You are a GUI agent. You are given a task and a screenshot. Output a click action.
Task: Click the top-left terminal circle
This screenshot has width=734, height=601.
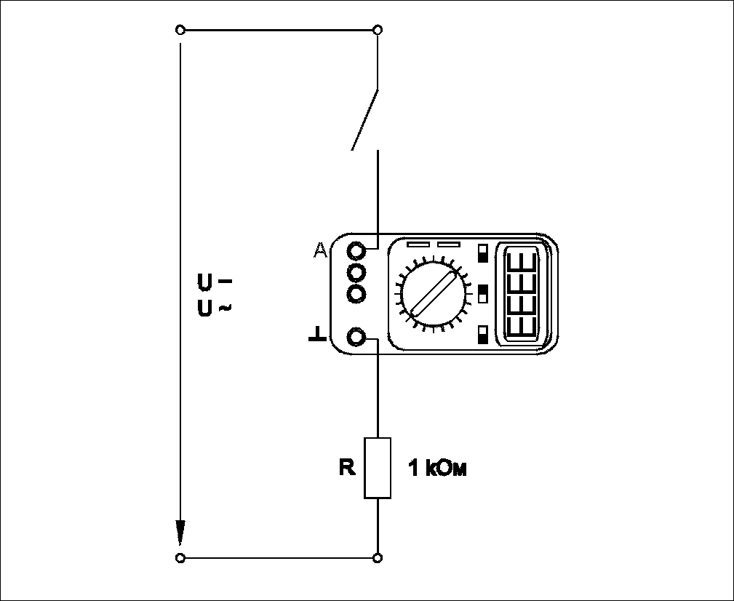click(180, 30)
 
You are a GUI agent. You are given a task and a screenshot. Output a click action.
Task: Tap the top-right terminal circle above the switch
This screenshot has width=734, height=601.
click(378, 30)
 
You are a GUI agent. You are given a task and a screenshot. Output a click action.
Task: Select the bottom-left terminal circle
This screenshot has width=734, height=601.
click(180, 558)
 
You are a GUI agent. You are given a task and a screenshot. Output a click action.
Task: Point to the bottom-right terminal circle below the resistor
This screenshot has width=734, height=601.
click(378, 558)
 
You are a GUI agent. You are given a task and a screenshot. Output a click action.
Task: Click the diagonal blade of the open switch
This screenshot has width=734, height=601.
click(364, 119)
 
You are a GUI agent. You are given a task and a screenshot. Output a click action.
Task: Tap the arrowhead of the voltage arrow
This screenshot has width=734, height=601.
click(180, 533)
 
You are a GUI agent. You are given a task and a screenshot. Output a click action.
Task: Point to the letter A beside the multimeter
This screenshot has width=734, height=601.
click(320, 250)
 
